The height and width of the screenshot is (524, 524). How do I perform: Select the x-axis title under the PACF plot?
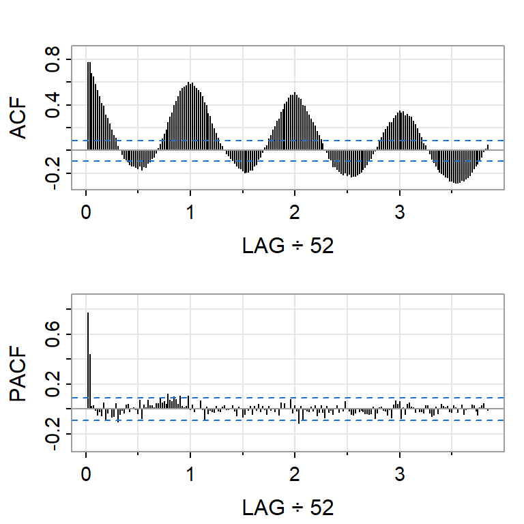287,508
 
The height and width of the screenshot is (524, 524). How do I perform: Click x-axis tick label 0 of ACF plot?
86,211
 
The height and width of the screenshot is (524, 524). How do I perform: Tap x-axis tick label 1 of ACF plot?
190,211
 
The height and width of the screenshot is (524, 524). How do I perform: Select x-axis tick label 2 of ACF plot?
295,211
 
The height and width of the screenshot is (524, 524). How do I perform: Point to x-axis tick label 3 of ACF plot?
399,211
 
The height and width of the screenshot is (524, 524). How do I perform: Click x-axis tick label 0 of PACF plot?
86,473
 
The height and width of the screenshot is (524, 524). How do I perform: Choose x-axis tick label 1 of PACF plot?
190,473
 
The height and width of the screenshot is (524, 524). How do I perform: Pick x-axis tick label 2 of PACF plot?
295,473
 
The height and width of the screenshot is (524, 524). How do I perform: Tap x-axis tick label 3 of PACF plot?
399,473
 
